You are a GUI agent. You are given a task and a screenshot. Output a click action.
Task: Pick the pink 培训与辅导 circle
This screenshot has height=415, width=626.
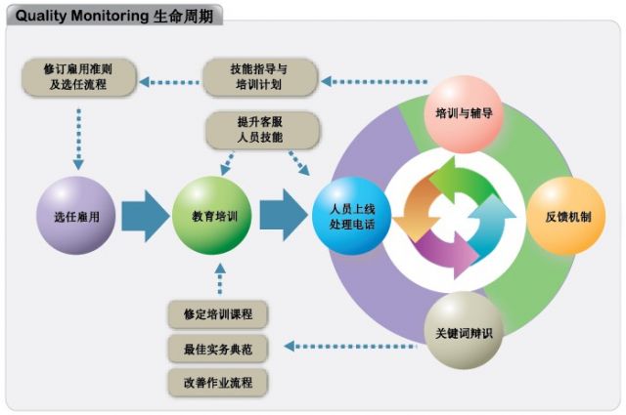pyautogui.click(x=463, y=113)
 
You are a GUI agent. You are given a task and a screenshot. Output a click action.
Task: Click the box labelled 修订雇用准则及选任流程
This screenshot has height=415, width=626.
pyautogui.click(x=79, y=77)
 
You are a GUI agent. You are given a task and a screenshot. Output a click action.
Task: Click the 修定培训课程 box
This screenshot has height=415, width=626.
pyautogui.click(x=217, y=314)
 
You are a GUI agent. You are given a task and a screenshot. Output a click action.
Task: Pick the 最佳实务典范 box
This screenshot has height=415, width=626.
pyautogui.click(x=217, y=348)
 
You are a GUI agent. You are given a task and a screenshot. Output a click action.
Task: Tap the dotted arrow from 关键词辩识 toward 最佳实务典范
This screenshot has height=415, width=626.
pyautogui.click(x=352, y=345)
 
